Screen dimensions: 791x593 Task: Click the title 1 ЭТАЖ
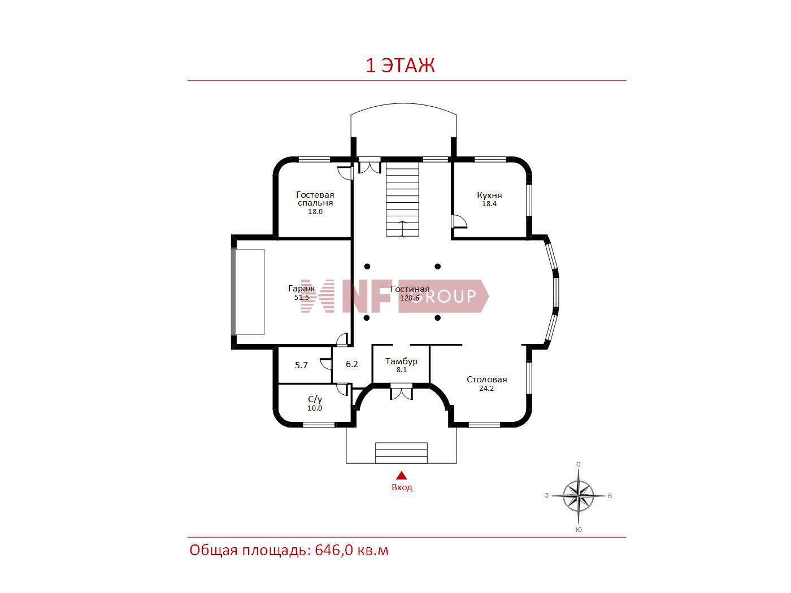click(x=400, y=66)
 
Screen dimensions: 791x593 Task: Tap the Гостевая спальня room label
click(x=315, y=199)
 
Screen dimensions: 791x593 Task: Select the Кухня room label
click(x=489, y=195)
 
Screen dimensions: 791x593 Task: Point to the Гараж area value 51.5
click(x=301, y=298)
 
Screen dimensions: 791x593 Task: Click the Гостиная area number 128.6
click(x=410, y=298)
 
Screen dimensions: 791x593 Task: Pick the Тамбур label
click(x=401, y=361)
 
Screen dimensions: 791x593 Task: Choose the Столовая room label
click(x=486, y=380)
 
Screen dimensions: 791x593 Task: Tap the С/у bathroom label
click(x=315, y=399)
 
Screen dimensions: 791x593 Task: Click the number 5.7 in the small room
click(x=301, y=365)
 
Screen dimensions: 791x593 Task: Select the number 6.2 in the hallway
click(x=352, y=364)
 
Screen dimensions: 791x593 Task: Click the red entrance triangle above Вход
click(x=402, y=476)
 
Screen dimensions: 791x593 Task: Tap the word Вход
click(x=402, y=487)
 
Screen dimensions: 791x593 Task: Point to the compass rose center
click(x=579, y=496)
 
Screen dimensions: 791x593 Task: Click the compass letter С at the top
click(x=579, y=464)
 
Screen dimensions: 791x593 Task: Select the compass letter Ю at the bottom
click(x=579, y=530)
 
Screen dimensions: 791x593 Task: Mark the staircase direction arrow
click(x=403, y=229)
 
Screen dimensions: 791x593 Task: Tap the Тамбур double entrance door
click(x=401, y=392)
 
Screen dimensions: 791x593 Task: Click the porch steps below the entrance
click(x=401, y=452)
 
